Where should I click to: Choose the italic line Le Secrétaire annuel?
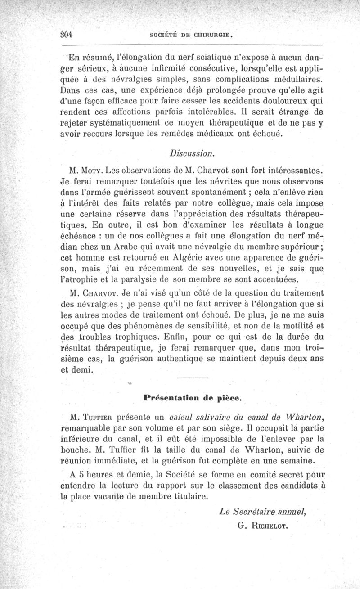pyautogui.click(x=263, y=511)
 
